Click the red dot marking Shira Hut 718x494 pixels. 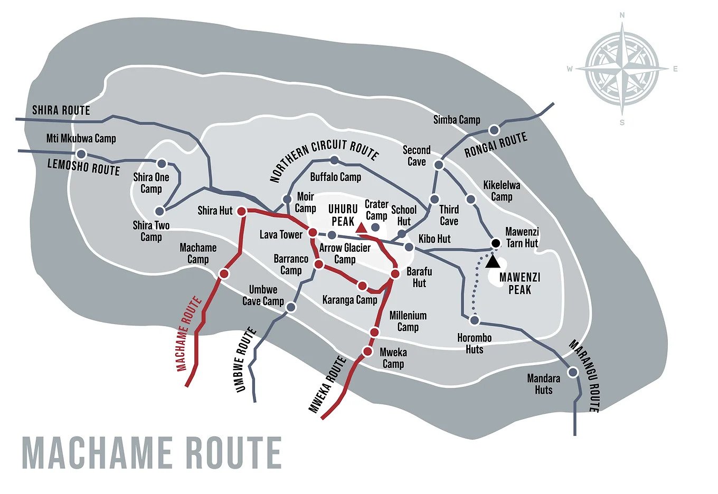coord(241,211)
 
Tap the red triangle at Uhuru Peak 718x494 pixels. coord(361,228)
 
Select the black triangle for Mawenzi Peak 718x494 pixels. coord(493,261)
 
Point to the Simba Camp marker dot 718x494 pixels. coord(494,130)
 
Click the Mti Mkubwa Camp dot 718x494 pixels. coord(81,154)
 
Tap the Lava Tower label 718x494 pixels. coord(281,234)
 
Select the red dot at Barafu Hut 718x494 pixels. coord(395,273)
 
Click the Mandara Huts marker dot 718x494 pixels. coord(572,372)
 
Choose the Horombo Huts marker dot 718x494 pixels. coord(474,320)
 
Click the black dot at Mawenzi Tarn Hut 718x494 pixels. coord(495,243)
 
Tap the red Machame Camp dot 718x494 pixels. coord(223,273)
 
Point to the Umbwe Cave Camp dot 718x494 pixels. coord(290,307)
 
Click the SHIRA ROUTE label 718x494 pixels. coord(61,110)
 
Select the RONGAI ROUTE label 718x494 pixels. coord(496,145)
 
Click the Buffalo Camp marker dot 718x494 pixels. coord(334,160)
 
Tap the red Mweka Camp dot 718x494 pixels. coord(367,351)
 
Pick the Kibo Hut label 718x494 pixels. coord(434,239)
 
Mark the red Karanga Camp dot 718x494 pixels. coord(362,286)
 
